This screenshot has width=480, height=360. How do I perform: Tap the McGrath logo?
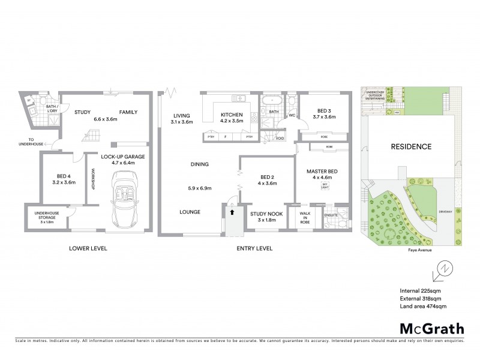click(x=431, y=328)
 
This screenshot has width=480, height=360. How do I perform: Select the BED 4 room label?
click(x=63, y=176)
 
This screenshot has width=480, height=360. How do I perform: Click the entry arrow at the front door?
click(x=232, y=212)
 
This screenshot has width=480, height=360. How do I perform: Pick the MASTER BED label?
click(x=321, y=172)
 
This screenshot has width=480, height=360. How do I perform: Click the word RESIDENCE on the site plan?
click(x=411, y=146)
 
